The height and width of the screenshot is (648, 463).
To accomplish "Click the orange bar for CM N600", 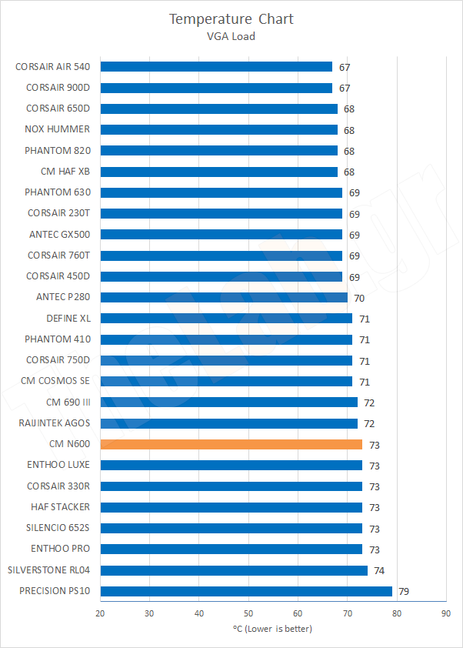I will [x=231, y=444].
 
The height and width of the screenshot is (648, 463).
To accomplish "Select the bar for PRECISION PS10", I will [x=246, y=591].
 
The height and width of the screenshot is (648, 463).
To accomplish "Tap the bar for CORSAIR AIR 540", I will [x=216, y=67].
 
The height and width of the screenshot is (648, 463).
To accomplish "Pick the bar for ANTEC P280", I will [x=224, y=297].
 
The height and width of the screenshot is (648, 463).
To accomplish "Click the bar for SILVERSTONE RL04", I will [x=234, y=570].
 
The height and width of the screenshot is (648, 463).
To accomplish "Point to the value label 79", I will [x=402, y=592].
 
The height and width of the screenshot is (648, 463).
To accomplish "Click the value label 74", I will [x=378, y=571].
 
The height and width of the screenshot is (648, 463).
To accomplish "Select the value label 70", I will [x=358, y=298].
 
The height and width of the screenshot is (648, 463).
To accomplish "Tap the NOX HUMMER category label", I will [x=57, y=129].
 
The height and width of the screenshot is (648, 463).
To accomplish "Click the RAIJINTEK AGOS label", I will [x=54, y=423].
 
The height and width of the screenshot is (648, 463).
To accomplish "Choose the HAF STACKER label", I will [x=60, y=506].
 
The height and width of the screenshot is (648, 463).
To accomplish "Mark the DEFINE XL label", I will [x=68, y=318].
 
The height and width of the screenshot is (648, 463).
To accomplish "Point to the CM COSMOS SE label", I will [x=55, y=381].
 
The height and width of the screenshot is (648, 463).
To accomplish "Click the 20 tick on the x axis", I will [x=100, y=613].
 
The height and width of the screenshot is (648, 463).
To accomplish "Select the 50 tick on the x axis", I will [x=248, y=613].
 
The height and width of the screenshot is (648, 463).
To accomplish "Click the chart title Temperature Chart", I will [x=231, y=18].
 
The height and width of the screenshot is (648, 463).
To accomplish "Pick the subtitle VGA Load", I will [x=231, y=35].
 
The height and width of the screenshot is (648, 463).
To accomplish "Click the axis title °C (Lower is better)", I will [x=272, y=629].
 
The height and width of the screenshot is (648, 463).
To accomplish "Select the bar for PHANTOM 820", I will [x=218, y=150].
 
